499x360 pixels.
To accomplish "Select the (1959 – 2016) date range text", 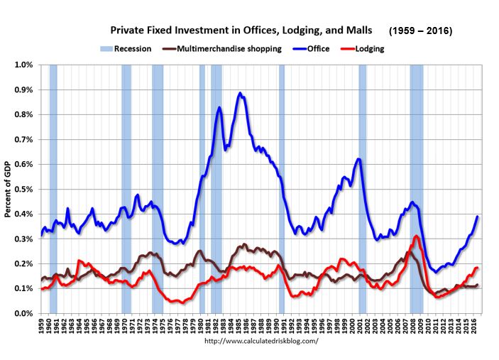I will coord(421,32).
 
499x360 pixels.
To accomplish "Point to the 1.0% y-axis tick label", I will coord(23,65).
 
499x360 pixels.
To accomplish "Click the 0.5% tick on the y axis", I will coord(23,189).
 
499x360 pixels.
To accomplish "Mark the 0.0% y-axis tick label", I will coord(23,313).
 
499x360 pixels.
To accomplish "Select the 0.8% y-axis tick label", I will coord(23,114).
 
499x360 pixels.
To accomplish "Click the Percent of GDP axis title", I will coord(8,189).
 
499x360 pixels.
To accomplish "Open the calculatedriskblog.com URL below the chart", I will coord(261,341).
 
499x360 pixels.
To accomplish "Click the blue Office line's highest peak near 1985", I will coord(241,93).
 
